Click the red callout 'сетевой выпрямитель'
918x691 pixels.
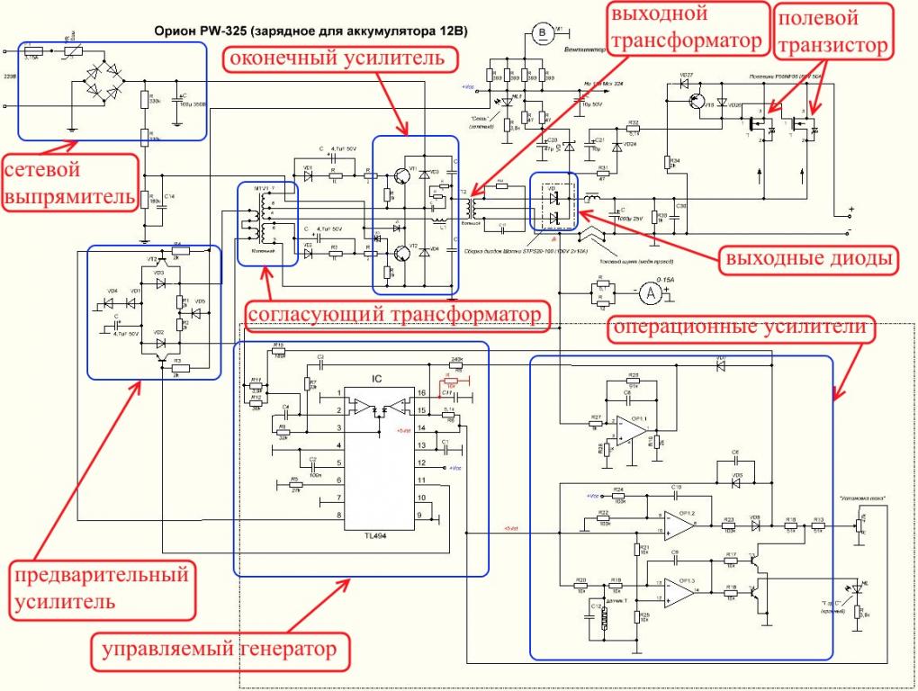tap(71, 184)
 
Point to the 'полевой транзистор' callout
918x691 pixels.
tap(832, 31)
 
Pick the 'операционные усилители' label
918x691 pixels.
tap(742, 328)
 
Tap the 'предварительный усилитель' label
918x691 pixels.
tap(101, 587)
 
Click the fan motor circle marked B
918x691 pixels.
tap(542, 34)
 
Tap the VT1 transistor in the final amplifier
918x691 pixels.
tap(407, 176)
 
